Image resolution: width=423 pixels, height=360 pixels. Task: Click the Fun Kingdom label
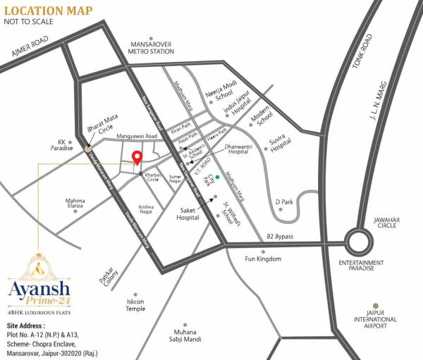262,259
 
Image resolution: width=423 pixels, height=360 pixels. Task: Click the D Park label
284,202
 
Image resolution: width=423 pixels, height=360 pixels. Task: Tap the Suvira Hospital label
281,144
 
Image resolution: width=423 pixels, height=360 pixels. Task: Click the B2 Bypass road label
280,237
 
